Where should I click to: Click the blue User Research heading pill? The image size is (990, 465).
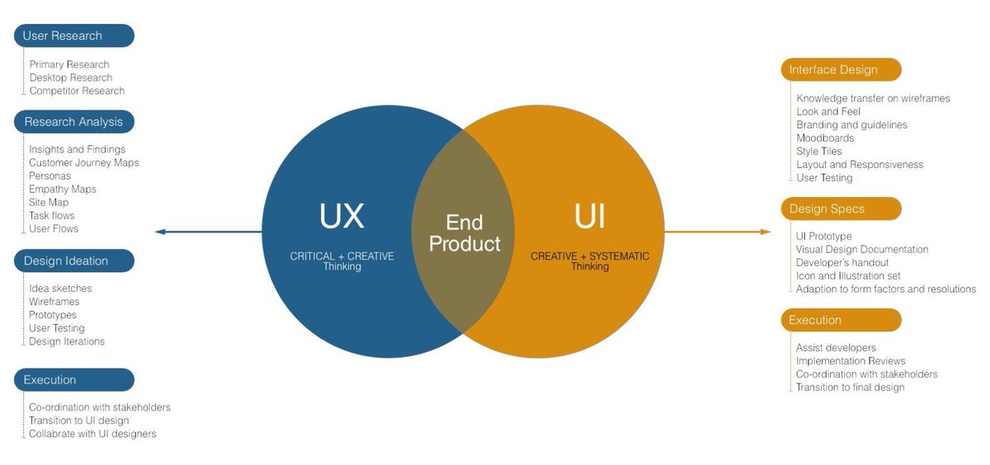[x=73, y=36]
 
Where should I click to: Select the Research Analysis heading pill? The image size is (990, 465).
[x=73, y=122]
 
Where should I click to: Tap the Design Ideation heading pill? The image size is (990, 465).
[x=73, y=261]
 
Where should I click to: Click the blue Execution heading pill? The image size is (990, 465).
[x=73, y=380]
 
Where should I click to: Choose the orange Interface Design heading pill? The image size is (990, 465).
[x=841, y=70]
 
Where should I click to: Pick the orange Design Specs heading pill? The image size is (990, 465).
[x=841, y=209]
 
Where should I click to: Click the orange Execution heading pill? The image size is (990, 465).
[x=841, y=321]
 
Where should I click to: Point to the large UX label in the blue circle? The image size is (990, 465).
[x=342, y=216]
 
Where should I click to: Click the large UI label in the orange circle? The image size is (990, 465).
[x=589, y=216]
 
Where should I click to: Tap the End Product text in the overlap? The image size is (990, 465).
[x=464, y=233]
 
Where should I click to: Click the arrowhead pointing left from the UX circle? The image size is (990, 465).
[x=160, y=232]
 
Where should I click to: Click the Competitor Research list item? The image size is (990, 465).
[x=77, y=91]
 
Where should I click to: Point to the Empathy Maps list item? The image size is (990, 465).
[x=63, y=189]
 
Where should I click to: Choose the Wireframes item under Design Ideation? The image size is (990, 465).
[x=54, y=302]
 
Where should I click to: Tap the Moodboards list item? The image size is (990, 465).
[x=825, y=138]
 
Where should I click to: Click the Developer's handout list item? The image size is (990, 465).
[x=842, y=262]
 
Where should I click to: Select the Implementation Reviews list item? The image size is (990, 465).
[x=851, y=360]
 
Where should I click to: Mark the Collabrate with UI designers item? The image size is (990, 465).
[x=92, y=434]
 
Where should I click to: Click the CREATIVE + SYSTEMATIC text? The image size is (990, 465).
[x=590, y=256]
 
